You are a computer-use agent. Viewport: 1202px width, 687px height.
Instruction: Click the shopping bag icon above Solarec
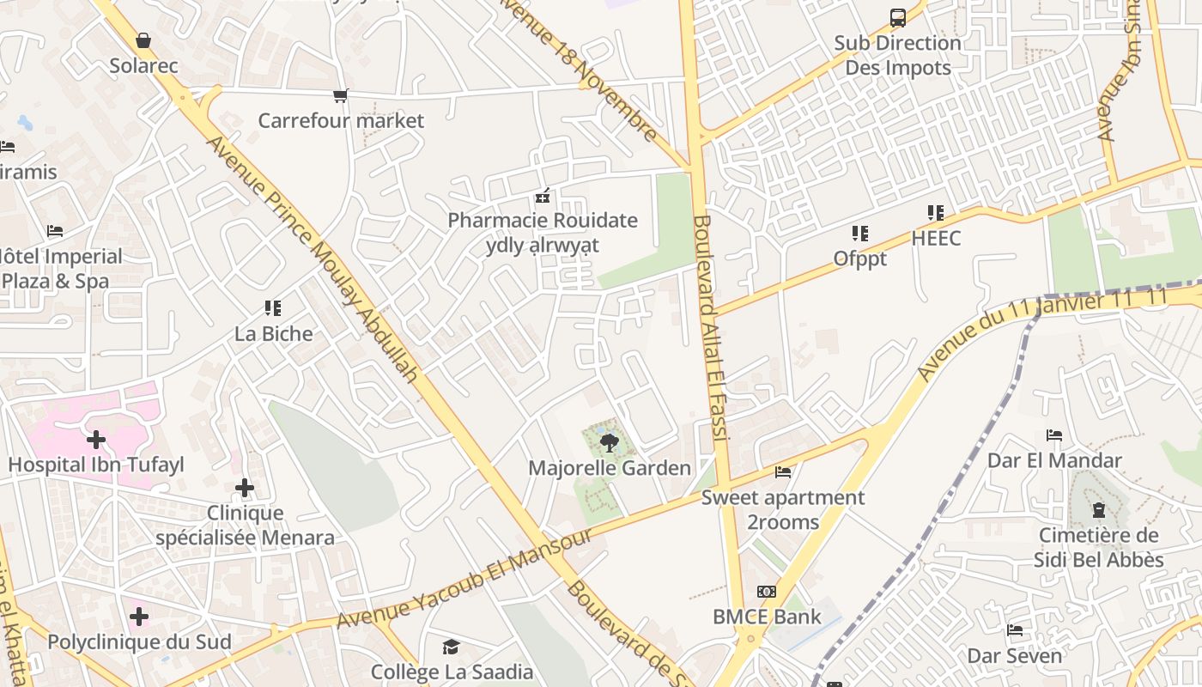pyautogui.click(x=143, y=40)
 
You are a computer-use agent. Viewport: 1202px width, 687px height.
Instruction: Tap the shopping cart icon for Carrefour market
pyautogui.click(x=341, y=95)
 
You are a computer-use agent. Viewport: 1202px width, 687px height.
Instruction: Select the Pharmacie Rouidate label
pyautogui.click(x=543, y=221)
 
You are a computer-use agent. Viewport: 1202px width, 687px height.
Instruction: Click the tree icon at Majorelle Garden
pyautogui.click(x=609, y=443)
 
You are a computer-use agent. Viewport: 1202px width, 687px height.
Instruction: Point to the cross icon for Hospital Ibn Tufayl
pyautogui.click(x=96, y=441)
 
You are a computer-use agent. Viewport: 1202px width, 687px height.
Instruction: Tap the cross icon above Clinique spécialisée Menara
pyautogui.click(x=245, y=489)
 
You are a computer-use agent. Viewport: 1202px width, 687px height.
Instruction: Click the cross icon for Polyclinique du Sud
pyautogui.click(x=139, y=617)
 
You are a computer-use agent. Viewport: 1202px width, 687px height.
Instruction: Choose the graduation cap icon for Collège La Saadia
pyautogui.click(x=452, y=647)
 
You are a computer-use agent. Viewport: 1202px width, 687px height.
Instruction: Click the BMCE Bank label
pyautogui.click(x=767, y=617)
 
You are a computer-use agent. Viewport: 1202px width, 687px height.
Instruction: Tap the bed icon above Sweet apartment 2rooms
pyautogui.click(x=783, y=471)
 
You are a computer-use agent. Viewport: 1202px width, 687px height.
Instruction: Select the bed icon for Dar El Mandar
pyautogui.click(x=1054, y=435)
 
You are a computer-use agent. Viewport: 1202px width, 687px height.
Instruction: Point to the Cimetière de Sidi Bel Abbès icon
pyautogui.click(x=1099, y=510)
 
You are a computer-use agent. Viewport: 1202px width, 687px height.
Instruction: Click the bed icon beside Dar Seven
pyautogui.click(x=1015, y=630)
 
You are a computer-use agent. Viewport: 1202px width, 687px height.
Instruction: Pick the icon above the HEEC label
pyautogui.click(x=936, y=212)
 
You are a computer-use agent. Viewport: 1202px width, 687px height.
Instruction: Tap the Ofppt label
pyautogui.click(x=859, y=258)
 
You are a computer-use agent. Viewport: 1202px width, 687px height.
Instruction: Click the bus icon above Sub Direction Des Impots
pyautogui.click(x=898, y=17)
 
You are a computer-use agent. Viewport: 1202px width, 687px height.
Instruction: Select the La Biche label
pyautogui.click(x=274, y=334)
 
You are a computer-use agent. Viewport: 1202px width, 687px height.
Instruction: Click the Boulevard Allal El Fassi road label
pyautogui.click(x=712, y=326)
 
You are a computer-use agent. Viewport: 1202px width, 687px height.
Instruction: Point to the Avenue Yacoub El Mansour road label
pyautogui.click(x=464, y=579)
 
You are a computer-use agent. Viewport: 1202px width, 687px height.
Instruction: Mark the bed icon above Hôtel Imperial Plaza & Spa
pyautogui.click(x=55, y=231)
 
